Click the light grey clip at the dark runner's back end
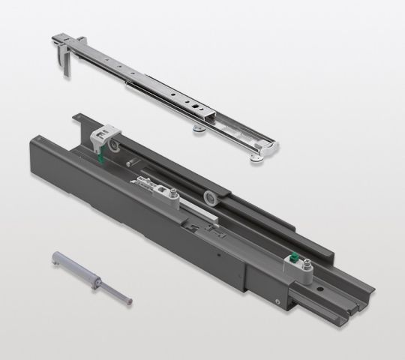tap(100, 135)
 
